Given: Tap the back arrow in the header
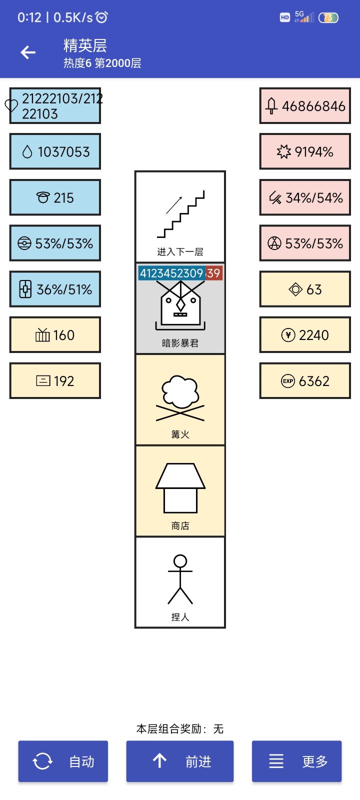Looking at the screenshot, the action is tap(28, 52).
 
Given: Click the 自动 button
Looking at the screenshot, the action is tap(63, 761).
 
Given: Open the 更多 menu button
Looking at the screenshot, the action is tap(297, 761).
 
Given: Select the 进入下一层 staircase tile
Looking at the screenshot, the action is tap(180, 217).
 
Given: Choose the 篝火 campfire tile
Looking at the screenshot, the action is tap(180, 399).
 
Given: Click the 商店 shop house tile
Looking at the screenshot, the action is tap(180, 491).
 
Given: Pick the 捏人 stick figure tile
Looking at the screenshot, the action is tap(180, 582).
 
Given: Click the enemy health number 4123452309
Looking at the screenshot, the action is tap(171, 273).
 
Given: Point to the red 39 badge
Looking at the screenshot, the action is tap(213, 273).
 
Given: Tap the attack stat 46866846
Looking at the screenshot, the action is tap(305, 105).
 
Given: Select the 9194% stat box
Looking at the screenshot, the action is tap(305, 151).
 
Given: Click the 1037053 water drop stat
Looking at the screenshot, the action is tap(55, 151).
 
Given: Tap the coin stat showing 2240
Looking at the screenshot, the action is tap(305, 335).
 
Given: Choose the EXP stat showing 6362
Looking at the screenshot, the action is tap(305, 380).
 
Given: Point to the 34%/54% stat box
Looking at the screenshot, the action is tap(305, 197).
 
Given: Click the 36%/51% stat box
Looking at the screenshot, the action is tap(55, 289).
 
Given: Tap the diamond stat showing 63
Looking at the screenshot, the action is tap(305, 289).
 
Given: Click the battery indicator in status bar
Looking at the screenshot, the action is tap(328, 17).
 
